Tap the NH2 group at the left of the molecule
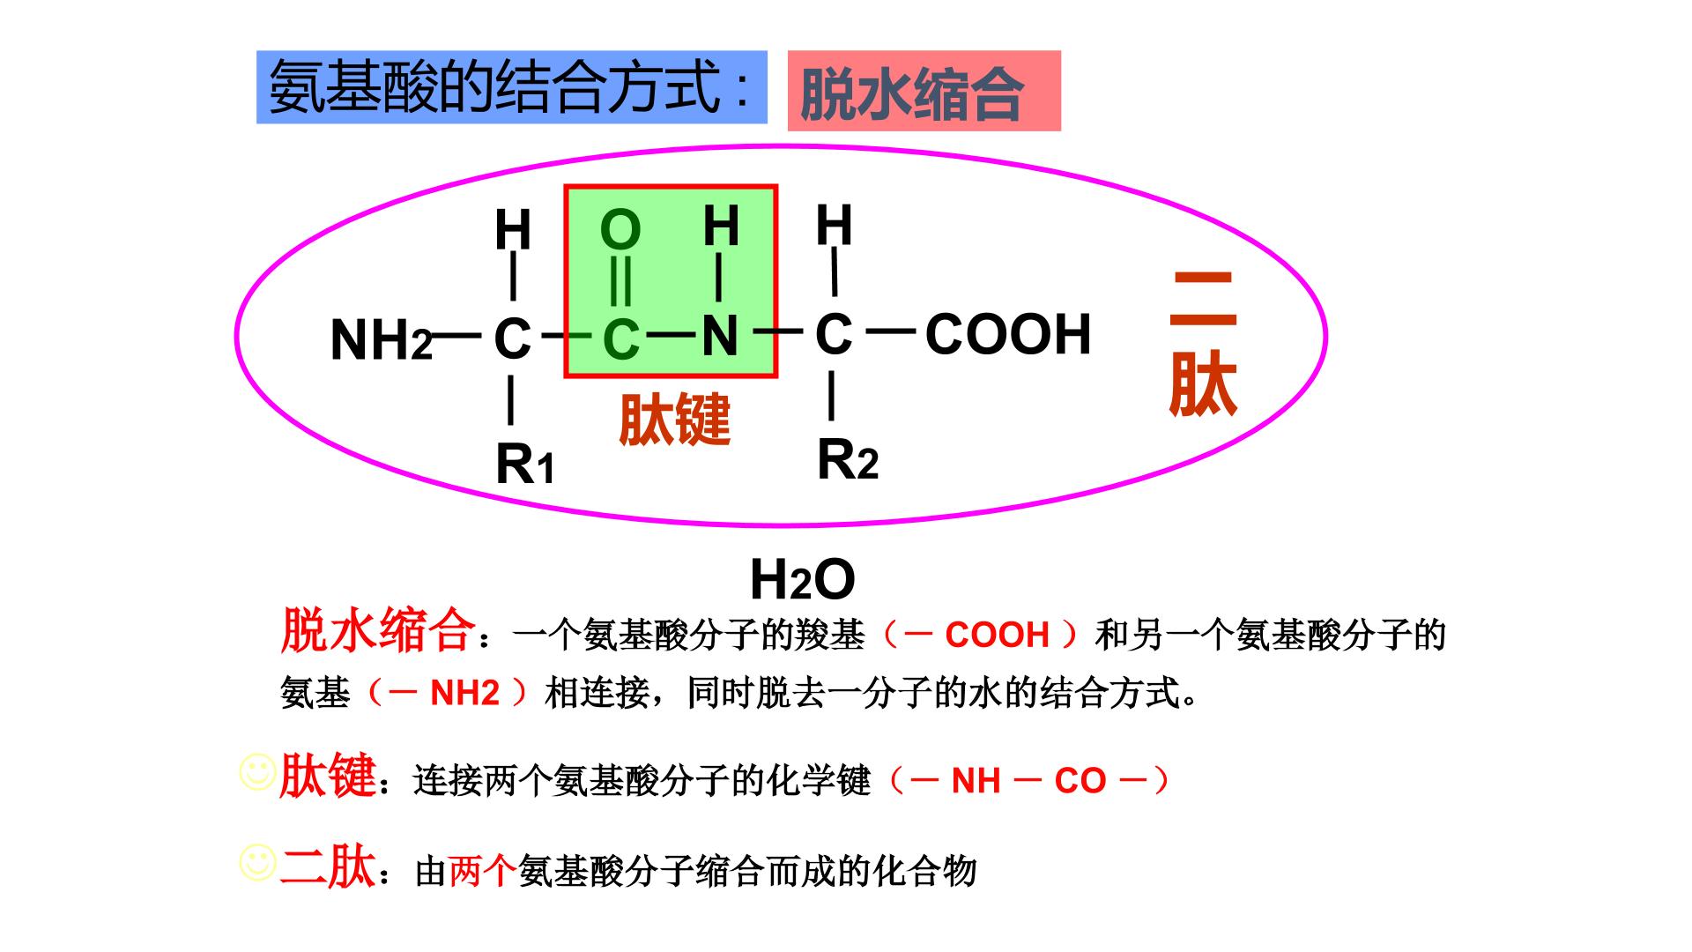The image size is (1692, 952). tap(382, 340)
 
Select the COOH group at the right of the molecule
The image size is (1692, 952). tap(1008, 334)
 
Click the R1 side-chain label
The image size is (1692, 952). tap(525, 464)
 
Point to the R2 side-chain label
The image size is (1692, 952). tap(848, 459)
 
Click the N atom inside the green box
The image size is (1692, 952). tap(720, 336)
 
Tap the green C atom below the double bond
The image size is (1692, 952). tap(620, 340)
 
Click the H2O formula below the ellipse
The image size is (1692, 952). tap(802, 580)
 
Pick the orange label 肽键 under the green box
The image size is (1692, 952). tap(675, 419)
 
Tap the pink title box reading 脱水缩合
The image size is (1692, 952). tap(924, 91)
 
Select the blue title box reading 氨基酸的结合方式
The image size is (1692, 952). tap(512, 87)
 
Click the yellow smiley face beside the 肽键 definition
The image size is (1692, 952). tap(257, 772)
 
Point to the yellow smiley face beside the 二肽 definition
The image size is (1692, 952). tap(257, 863)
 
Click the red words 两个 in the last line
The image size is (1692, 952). tap(483, 870)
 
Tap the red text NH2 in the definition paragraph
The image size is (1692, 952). tap(464, 693)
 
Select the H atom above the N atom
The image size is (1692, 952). tap(720, 226)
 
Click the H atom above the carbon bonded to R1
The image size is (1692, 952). tap(513, 231)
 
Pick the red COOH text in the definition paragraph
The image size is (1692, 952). tap(997, 635)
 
